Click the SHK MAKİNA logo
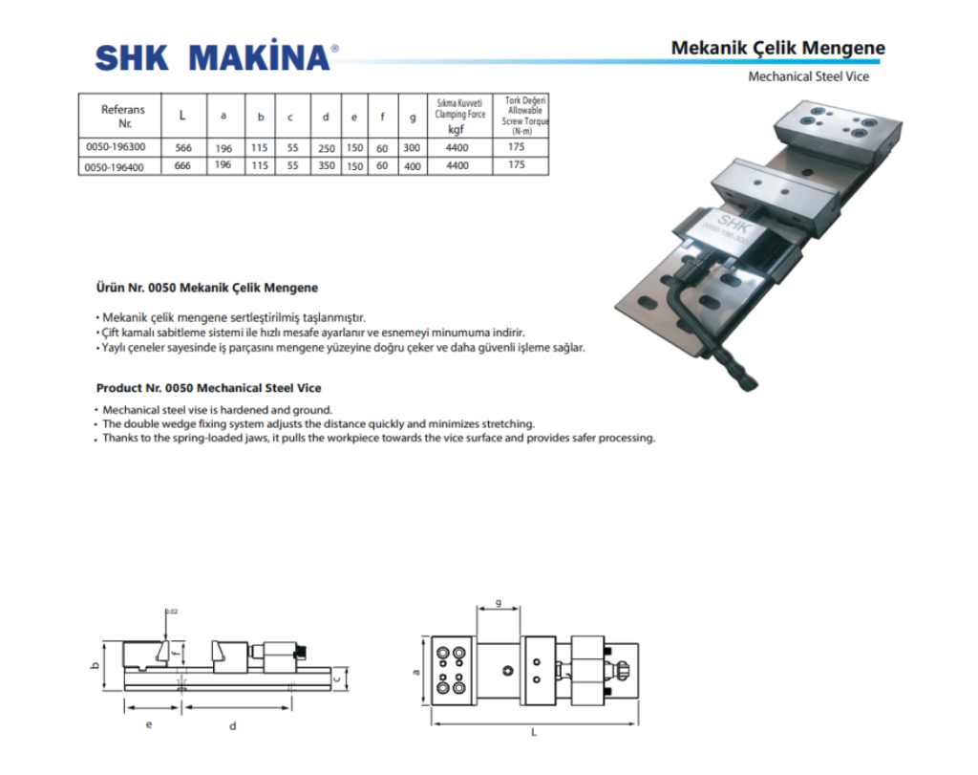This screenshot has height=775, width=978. coord(216,57)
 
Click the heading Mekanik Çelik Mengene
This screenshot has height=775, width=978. coord(777,48)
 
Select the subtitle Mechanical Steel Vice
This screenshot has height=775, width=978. coord(808,76)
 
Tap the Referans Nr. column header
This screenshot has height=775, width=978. coord(122,117)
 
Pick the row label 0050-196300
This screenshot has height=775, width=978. coord(116,147)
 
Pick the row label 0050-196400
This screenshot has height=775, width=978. coord(116,165)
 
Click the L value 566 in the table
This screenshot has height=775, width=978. coord(184,148)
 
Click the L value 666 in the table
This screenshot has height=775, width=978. coord(184,165)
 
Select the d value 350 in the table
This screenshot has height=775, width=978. coord(327,166)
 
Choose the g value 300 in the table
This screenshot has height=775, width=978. coord(412,148)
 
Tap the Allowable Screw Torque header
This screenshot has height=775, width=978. coord(523,115)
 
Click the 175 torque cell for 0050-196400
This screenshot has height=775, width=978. coord(517,164)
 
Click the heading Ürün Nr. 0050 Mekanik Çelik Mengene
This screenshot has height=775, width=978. coord(207,287)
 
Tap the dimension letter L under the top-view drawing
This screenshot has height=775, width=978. coord(534,733)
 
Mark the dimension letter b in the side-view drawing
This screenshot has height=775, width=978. coord(96,664)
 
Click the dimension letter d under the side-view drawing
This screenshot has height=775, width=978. coord(233,726)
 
